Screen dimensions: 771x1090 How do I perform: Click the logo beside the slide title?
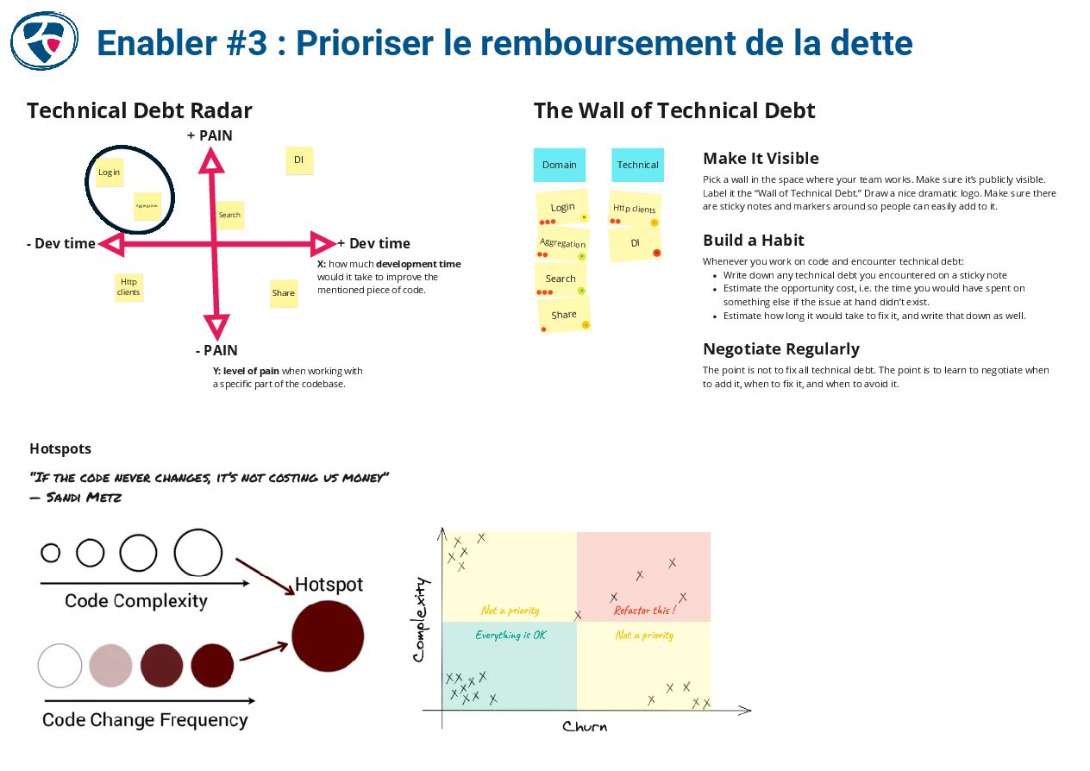coord(44,41)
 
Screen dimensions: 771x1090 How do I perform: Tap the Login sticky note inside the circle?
coord(109,172)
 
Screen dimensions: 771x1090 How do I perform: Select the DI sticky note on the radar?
coord(298,160)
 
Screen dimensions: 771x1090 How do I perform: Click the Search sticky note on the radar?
coord(229,215)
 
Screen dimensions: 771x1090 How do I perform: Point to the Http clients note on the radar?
coord(128,286)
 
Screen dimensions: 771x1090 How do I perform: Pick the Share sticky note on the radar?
coord(284,293)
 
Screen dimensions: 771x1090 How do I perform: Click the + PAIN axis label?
coord(210,135)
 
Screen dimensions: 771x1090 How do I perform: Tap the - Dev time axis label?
coord(61,244)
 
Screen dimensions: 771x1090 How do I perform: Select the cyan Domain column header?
coord(560,165)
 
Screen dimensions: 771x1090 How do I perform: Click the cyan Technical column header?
coord(637,165)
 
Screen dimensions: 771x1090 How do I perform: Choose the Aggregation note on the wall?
coord(563,245)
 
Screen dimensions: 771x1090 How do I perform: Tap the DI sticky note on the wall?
coord(636,244)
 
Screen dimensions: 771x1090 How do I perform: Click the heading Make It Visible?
coord(761,159)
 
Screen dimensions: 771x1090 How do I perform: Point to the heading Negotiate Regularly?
coord(781,349)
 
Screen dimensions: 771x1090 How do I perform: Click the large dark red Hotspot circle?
coord(328,636)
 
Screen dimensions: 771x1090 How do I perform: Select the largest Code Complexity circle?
coord(198,553)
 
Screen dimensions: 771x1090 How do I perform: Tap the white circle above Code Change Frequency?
coord(60,666)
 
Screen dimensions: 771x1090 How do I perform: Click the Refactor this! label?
coord(644,611)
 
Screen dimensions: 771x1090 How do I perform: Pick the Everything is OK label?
coord(511,635)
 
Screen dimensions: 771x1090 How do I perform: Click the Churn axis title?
coord(585,727)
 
